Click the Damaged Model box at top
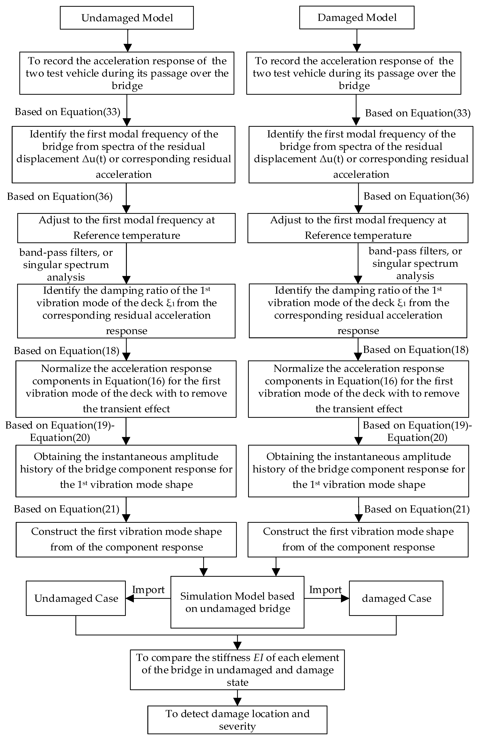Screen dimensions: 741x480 pos(357,18)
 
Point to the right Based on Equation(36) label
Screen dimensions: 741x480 pos(416,196)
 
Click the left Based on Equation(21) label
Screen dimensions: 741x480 pos(67,509)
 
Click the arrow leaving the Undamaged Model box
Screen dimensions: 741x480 pos(128,40)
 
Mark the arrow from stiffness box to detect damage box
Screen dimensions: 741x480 pos(237,697)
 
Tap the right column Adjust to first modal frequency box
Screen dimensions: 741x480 pos(358,228)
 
